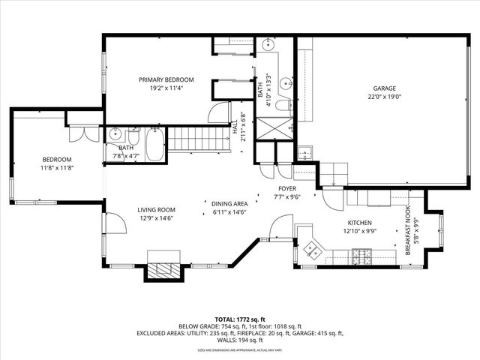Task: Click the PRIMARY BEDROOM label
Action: [x=166, y=79]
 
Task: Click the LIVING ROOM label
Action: [x=156, y=210]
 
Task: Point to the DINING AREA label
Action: [x=229, y=203]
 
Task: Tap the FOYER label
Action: [x=288, y=189]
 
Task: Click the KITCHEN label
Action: [x=359, y=223]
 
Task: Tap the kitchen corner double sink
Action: [x=311, y=246]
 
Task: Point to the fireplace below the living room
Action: [x=163, y=271]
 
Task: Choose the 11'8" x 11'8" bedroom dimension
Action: [x=56, y=168]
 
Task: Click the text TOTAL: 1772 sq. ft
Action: [x=240, y=319]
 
